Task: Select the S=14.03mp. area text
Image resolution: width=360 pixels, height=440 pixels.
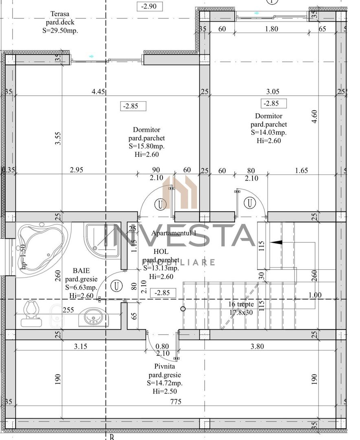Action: pyautogui.click(x=269, y=132)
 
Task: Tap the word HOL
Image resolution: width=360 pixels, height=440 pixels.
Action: pyautogui.click(x=161, y=252)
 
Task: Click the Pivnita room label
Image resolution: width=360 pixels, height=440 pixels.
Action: pyautogui.click(x=165, y=367)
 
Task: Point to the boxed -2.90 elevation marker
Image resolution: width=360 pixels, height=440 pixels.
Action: pyautogui.click(x=149, y=7)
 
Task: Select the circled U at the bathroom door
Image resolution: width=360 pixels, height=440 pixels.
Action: pyautogui.click(x=117, y=286)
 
